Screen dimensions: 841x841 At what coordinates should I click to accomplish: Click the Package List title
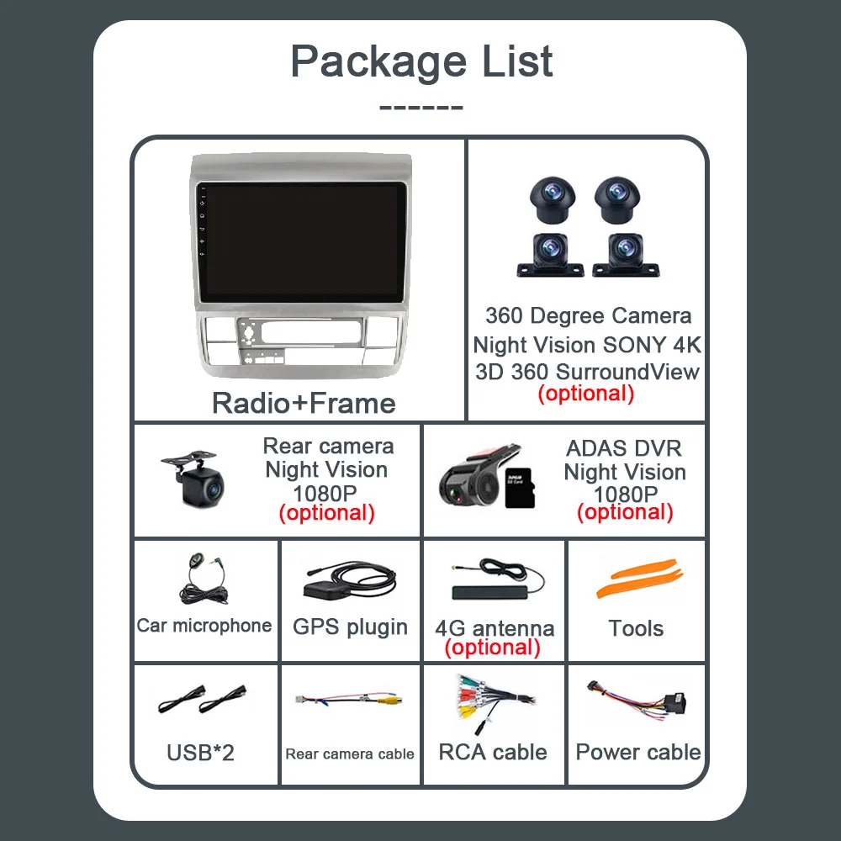421,62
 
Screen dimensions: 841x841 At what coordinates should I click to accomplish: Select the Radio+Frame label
304,403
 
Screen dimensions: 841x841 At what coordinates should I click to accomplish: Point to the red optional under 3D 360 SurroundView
585,393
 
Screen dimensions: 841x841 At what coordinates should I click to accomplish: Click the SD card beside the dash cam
516,487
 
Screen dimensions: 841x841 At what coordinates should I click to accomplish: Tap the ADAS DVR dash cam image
468,477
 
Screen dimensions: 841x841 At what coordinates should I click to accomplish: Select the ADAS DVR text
623,448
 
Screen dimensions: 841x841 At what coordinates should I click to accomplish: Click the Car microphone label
204,625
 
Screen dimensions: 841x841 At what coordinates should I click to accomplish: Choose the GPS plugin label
350,627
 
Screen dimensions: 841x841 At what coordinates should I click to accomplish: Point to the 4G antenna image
496,579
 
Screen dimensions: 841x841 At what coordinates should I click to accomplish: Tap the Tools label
636,628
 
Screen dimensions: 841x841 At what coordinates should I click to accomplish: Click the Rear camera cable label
350,754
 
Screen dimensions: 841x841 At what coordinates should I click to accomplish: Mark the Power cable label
638,752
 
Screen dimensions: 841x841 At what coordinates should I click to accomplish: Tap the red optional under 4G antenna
492,647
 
